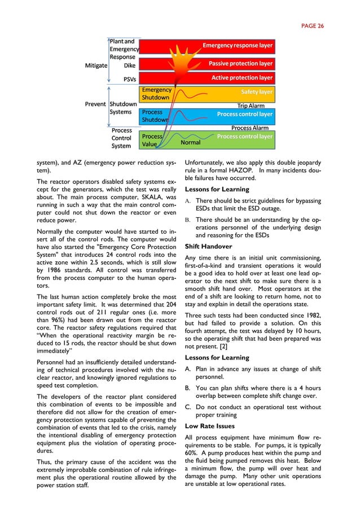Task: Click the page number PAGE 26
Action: pyautogui.click(x=312, y=25)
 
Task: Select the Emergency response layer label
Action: pyautogui.click(x=237, y=45)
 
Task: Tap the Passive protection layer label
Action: pyautogui.click(x=240, y=64)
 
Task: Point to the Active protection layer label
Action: pyautogui.click(x=242, y=78)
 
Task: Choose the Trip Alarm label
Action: pyautogui.click(x=251, y=106)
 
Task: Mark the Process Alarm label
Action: pyautogui.click(x=249, y=128)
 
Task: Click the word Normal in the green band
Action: pyautogui.click(x=190, y=143)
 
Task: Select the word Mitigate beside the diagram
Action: pyautogui.click(x=96, y=65)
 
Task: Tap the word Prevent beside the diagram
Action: pyautogui.click(x=95, y=104)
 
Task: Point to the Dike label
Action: pyautogui.click(x=129, y=65)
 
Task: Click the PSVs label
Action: pyautogui.click(x=129, y=80)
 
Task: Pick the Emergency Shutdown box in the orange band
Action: pyautogui.click(x=156, y=94)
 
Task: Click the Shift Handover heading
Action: pyautogui.click(x=210, y=247)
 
